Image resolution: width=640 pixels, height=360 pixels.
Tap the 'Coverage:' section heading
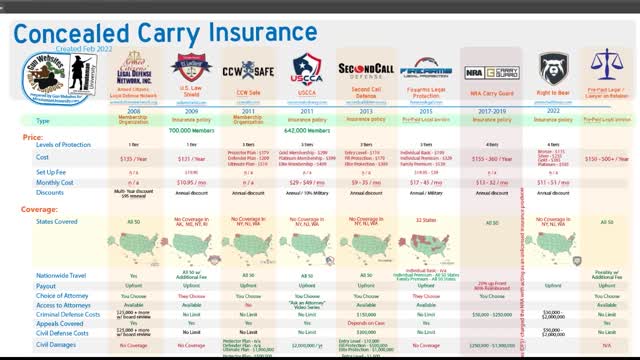tap(41, 209)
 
